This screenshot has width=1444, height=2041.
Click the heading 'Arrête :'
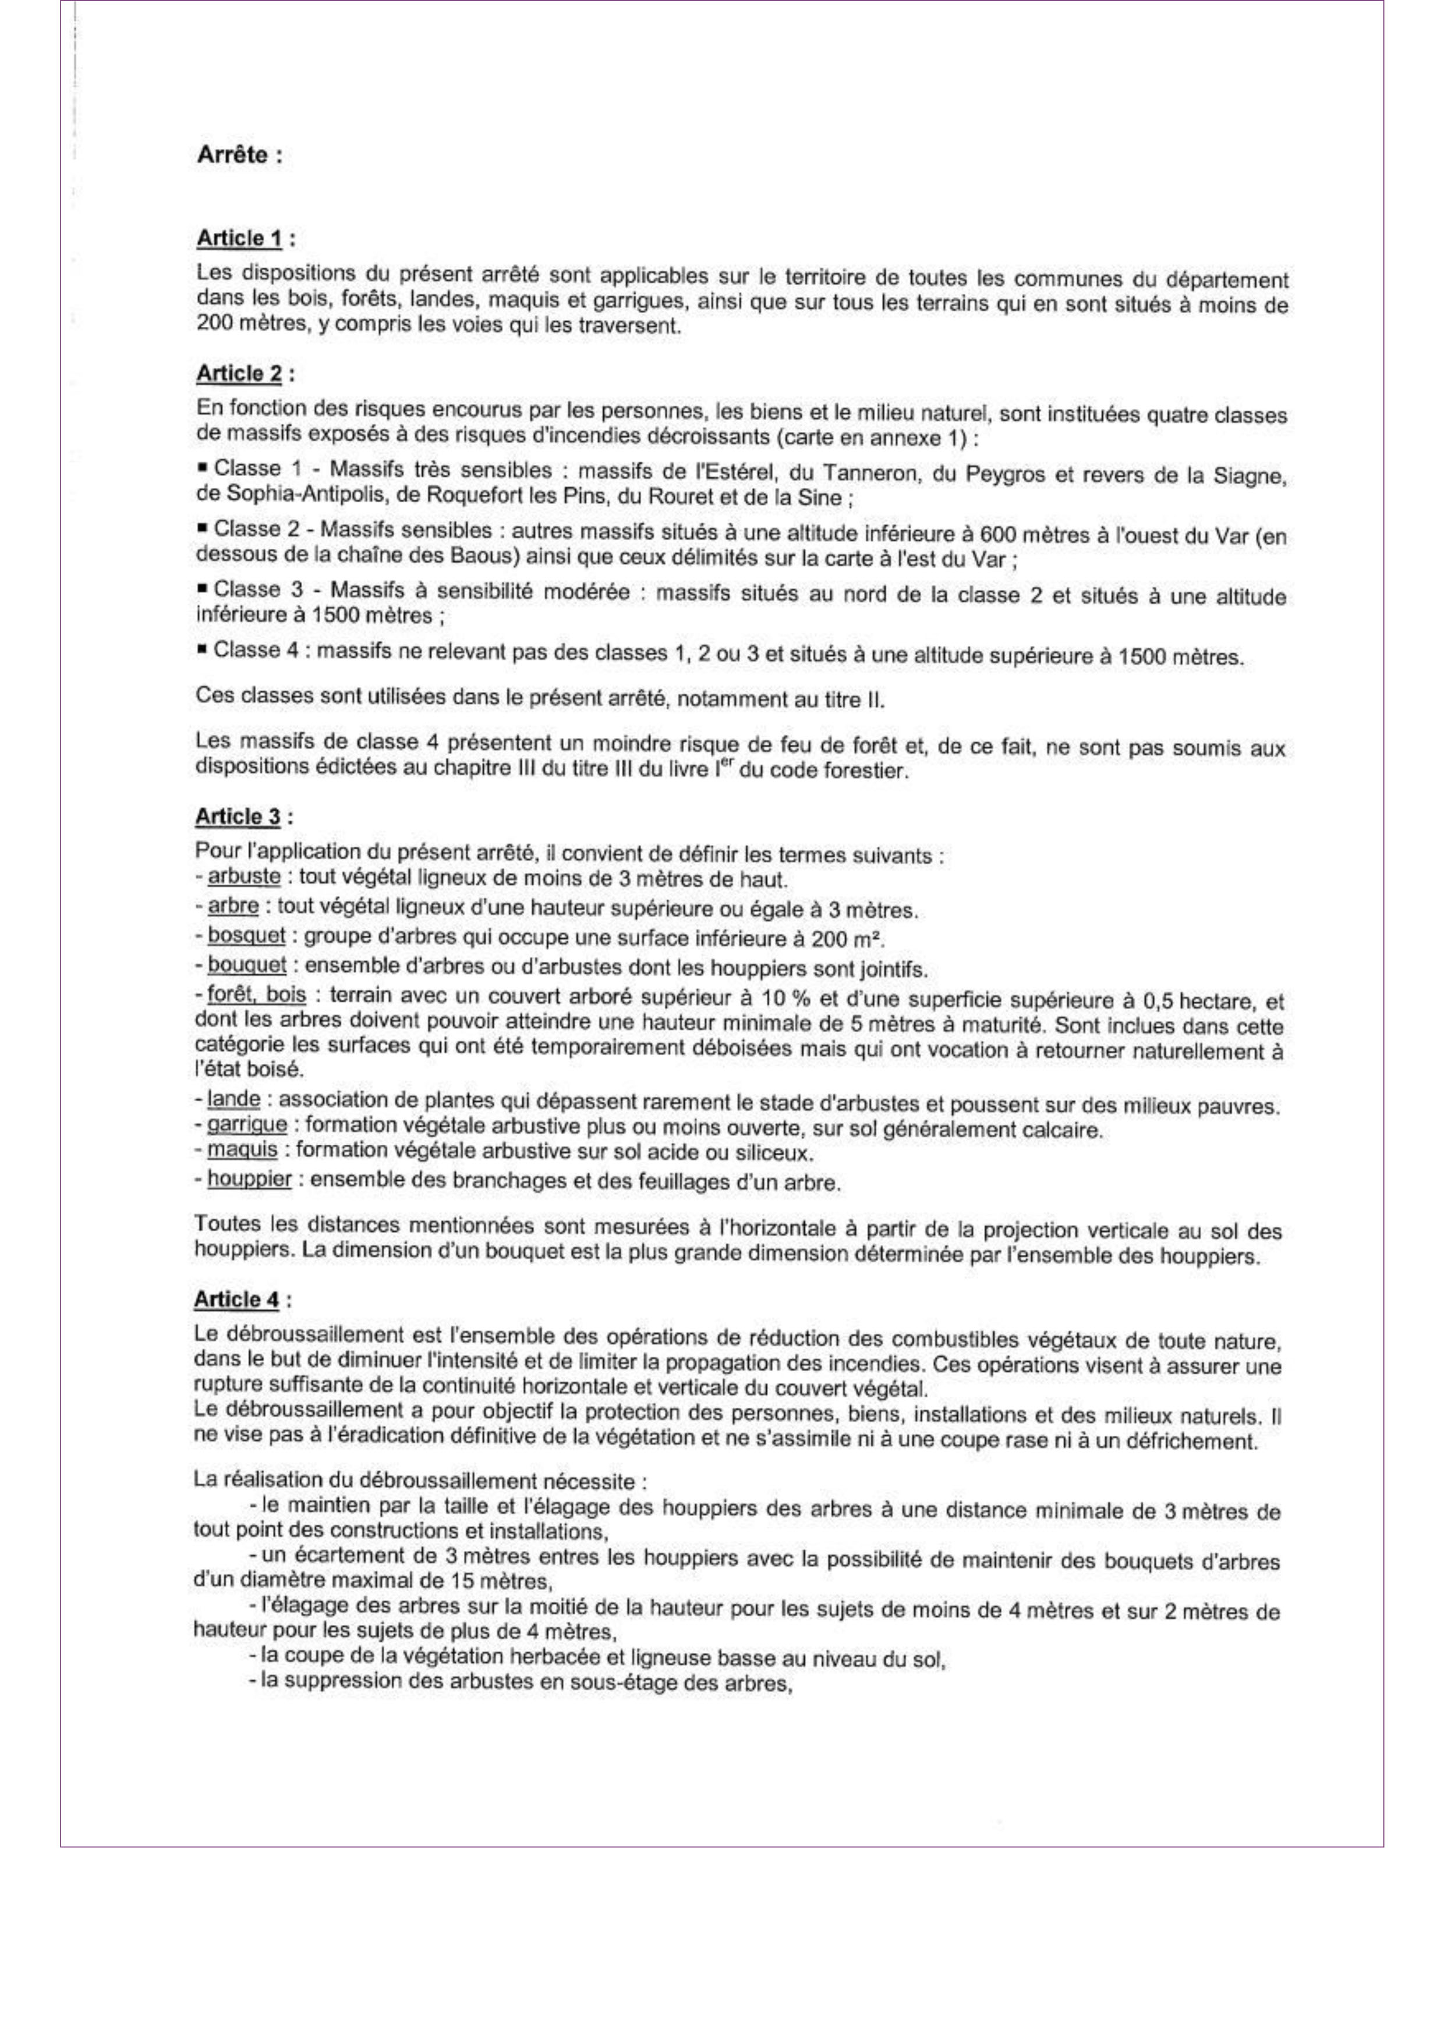point(239,155)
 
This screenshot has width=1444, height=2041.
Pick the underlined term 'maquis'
point(242,1151)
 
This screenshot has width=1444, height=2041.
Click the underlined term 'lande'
point(233,1099)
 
